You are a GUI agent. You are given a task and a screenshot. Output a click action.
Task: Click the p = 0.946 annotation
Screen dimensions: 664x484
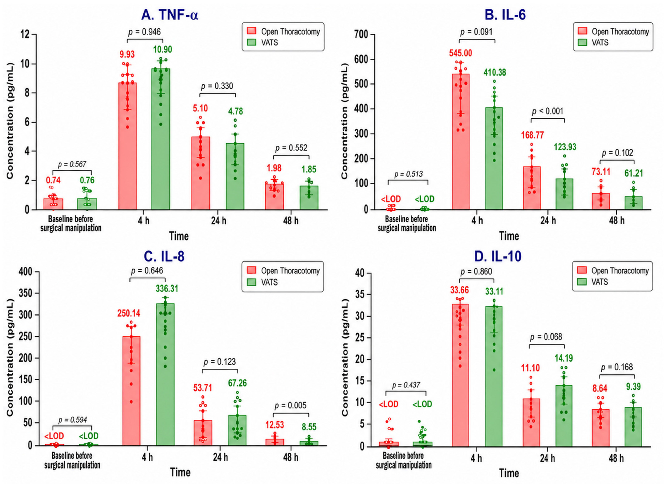(x=145, y=32)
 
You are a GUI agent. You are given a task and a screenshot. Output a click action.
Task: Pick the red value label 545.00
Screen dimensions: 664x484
(x=461, y=53)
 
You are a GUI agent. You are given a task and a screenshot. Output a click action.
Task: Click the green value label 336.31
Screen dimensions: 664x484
(x=167, y=289)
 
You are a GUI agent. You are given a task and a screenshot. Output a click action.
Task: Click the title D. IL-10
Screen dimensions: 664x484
(x=498, y=256)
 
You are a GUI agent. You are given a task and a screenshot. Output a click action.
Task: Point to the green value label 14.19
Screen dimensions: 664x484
(x=564, y=358)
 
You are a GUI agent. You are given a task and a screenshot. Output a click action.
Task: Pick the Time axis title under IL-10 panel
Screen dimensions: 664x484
(x=509, y=473)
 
